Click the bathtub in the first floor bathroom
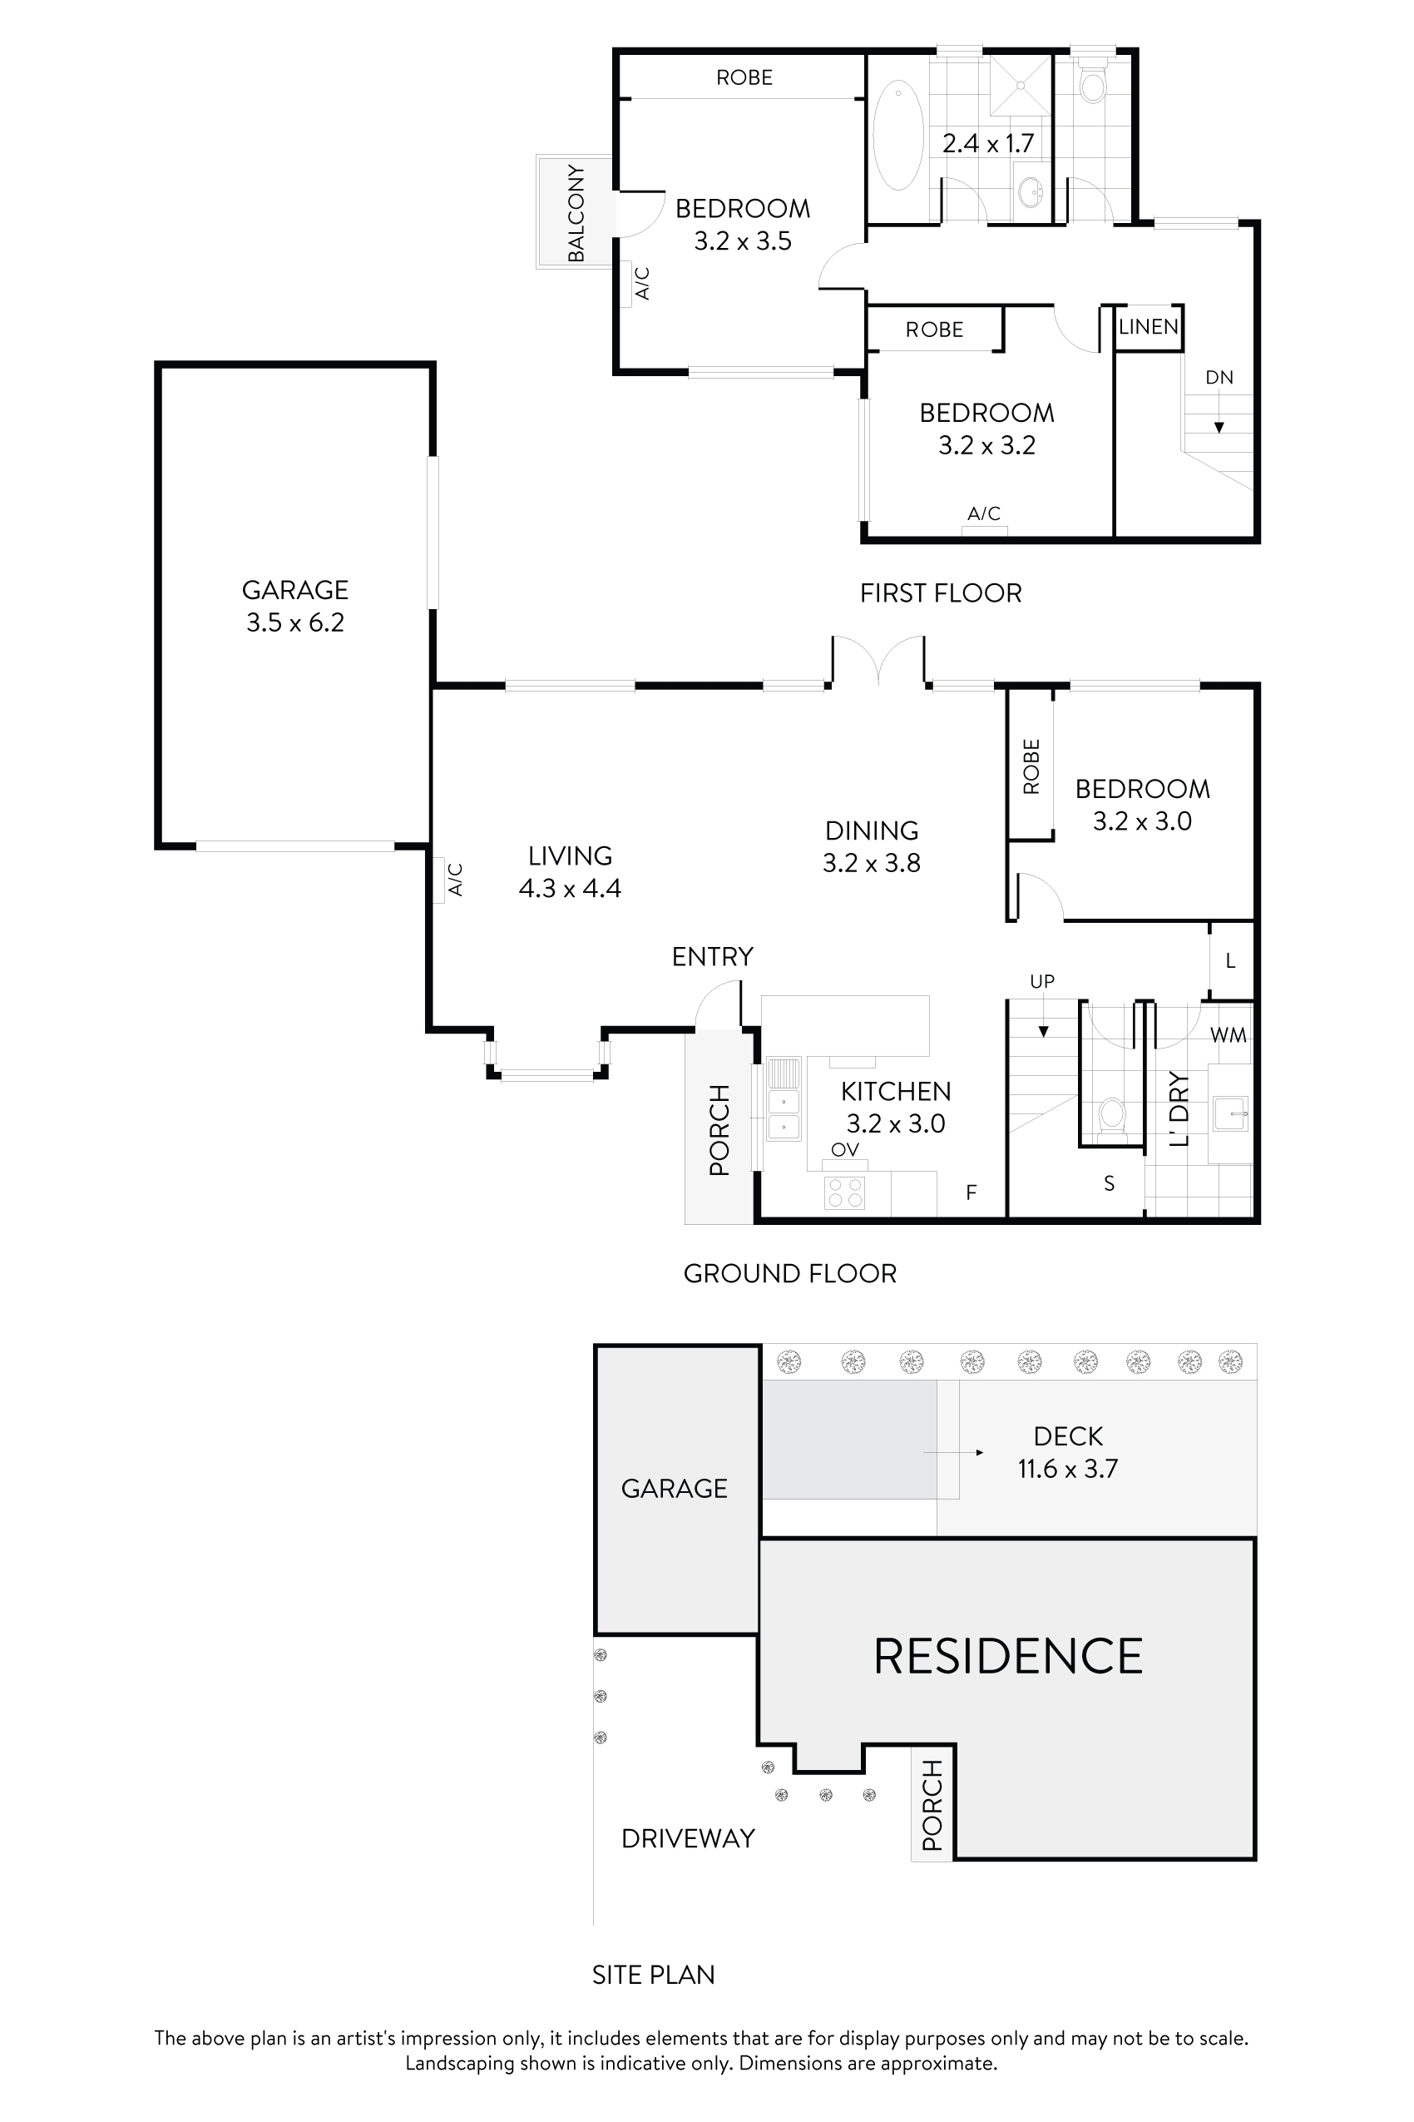898,136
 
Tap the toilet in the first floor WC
1093,86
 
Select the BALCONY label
576,213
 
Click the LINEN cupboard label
1148,326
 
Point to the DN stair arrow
1219,426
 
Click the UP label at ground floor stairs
1041,981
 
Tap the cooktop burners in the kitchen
845,1192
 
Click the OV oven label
844,1149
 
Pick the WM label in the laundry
1228,1036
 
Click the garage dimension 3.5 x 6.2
295,622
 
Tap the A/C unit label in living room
456,880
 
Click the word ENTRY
713,956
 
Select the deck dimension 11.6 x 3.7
1068,1469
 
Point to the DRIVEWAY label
688,1837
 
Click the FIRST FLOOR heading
941,592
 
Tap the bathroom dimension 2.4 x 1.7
987,143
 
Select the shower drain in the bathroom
1021,85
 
